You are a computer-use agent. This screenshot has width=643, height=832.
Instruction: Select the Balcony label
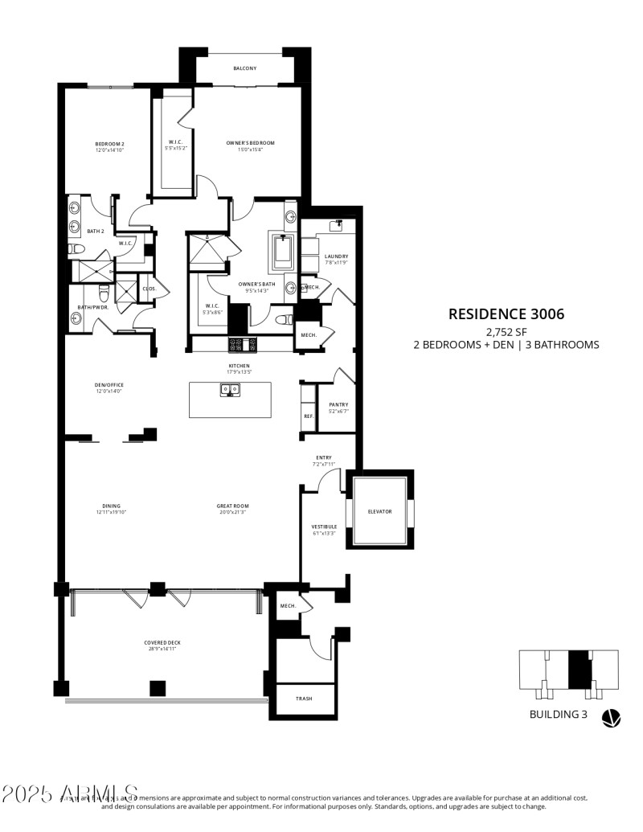245,68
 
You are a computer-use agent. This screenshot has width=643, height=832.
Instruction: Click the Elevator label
379,511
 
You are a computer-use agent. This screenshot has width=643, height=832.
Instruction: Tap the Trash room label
304,699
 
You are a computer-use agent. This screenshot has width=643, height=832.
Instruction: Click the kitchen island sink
230,391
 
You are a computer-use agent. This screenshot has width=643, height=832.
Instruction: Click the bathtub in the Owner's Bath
283,252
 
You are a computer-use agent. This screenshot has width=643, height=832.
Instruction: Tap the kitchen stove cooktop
242,345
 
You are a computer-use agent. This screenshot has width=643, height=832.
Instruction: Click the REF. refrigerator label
308,416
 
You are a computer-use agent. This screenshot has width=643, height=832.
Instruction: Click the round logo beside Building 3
611,717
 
